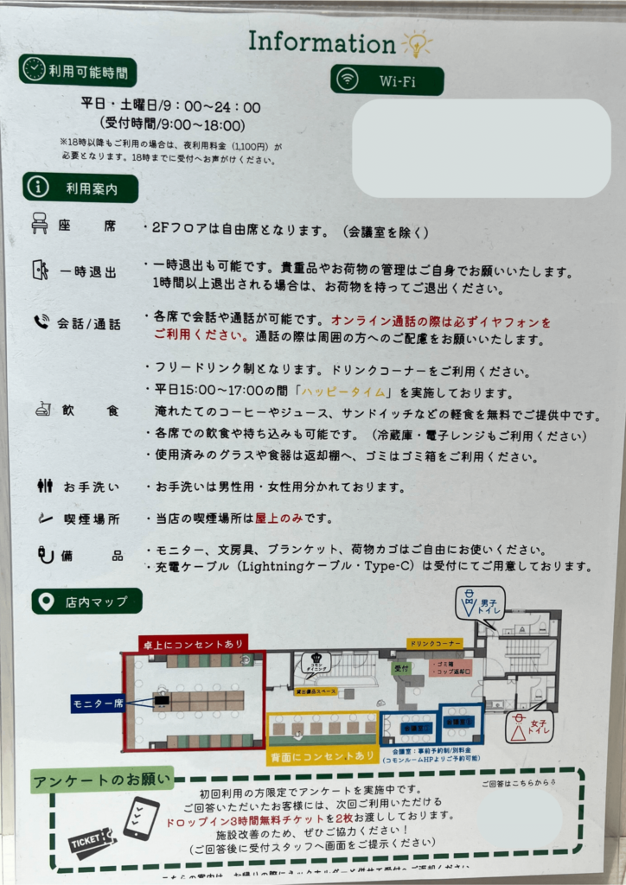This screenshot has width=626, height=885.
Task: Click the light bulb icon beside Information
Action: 416,44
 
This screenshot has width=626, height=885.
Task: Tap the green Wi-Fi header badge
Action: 386,80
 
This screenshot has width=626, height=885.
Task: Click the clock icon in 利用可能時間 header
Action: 35,70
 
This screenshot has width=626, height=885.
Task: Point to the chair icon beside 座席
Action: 40,225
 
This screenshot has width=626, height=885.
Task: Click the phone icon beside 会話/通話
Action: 40,322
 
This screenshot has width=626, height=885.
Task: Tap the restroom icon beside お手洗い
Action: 45,486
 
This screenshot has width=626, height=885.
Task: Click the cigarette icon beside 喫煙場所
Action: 43,518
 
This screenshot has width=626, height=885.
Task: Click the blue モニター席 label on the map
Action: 100,704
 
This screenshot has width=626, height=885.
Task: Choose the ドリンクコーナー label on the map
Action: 435,644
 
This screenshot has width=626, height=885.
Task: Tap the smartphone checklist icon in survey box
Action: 141,818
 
